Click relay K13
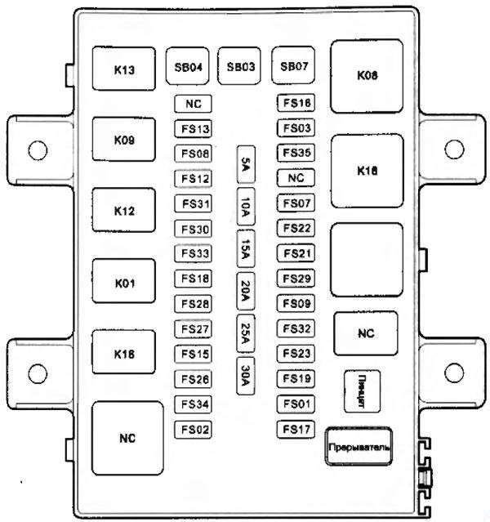coord(124,69)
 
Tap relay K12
coord(124,211)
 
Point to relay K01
coord(124,283)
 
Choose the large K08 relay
coord(367,75)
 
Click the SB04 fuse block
coord(188,67)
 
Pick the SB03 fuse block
coord(242,67)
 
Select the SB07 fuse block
coord(294,67)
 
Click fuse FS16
coord(296,104)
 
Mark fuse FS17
coord(296,428)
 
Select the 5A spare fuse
coord(245,165)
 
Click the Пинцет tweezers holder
coord(359,391)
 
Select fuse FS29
coord(296,279)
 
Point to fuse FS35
coord(296,153)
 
